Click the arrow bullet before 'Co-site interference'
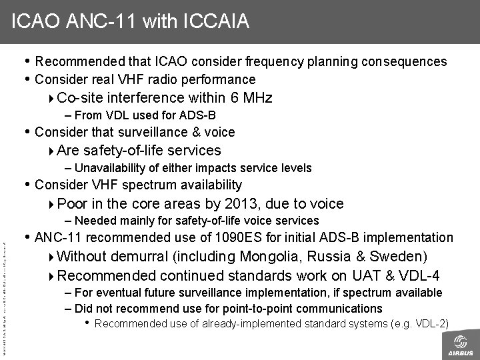53,99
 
